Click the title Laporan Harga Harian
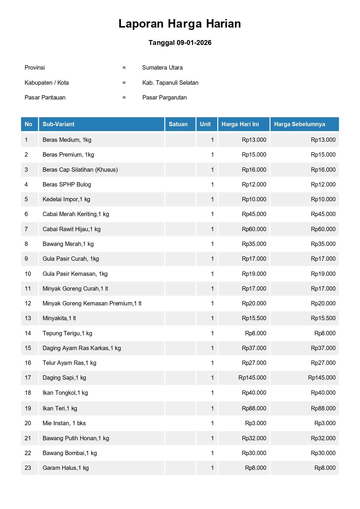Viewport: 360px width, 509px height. coord(180,24)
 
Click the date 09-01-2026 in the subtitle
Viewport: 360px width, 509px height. coord(194,43)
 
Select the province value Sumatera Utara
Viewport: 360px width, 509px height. coord(162,68)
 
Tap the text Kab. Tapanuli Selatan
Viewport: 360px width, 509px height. coord(170,83)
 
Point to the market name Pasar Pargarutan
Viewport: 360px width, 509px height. coord(164,97)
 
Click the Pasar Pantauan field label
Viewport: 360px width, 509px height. coord(45,97)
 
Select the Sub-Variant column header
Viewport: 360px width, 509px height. coord(58,124)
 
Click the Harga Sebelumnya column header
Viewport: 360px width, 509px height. coord(299,124)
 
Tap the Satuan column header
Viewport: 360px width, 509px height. coord(178,124)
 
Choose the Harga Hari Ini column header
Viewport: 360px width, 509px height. coord(240,124)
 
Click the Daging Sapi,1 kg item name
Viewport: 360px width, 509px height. coord(64,378)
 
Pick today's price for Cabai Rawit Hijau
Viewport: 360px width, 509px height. coord(254,229)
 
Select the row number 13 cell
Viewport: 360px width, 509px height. coord(28,318)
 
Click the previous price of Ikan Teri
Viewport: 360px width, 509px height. coord(323,408)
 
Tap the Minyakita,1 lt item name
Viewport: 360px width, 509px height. coord(59,318)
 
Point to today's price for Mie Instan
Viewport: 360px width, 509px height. coord(256,423)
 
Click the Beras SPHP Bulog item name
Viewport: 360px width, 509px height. coord(67,184)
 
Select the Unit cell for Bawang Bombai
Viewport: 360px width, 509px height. coord(212,453)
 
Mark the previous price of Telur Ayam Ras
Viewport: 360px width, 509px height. coord(323,363)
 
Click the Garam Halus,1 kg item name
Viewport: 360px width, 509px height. coord(66,468)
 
